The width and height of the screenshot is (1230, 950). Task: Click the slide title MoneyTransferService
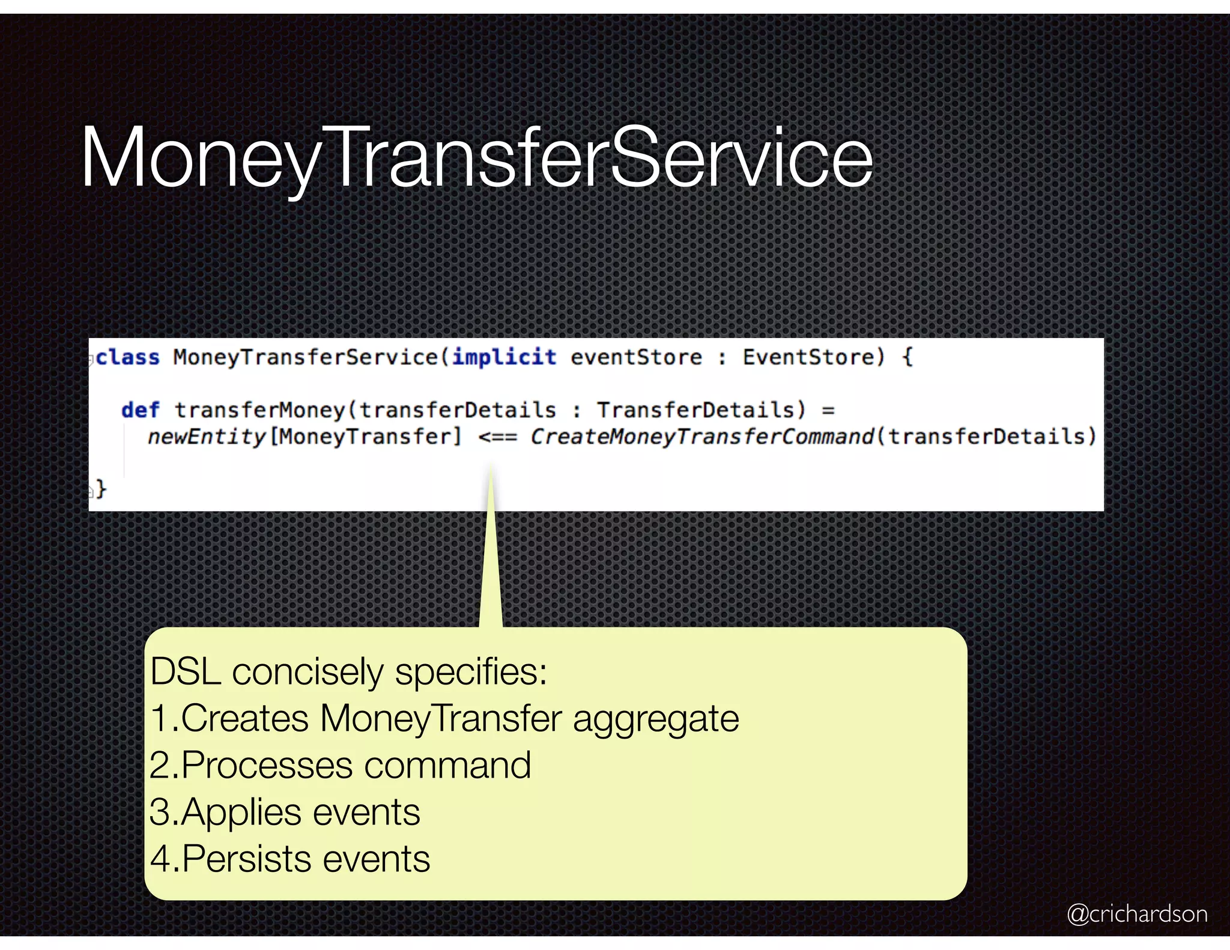(x=476, y=157)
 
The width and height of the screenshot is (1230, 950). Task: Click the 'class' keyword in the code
(x=128, y=358)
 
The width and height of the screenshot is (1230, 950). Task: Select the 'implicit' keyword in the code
(x=504, y=358)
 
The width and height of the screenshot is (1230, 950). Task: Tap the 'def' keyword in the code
(x=140, y=411)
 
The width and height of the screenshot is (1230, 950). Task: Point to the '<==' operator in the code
(x=497, y=437)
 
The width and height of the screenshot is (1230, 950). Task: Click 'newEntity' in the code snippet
(x=206, y=437)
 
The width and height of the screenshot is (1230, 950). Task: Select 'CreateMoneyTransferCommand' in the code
(x=701, y=437)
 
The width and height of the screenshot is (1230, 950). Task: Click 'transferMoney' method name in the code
(x=259, y=411)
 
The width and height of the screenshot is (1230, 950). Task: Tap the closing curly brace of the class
(x=101, y=489)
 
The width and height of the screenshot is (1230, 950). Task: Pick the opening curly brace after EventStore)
(x=907, y=358)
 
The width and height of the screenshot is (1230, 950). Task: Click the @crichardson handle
(x=1137, y=914)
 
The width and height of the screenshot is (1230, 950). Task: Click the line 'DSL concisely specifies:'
(x=348, y=672)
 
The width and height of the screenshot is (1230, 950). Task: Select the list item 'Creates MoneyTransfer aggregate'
(x=444, y=719)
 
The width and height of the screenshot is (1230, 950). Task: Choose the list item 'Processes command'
(x=341, y=766)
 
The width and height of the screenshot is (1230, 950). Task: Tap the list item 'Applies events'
(x=285, y=812)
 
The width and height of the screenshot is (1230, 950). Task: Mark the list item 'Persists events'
(x=290, y=859)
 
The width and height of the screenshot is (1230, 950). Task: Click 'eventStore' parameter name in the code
(x=636, y=358)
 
